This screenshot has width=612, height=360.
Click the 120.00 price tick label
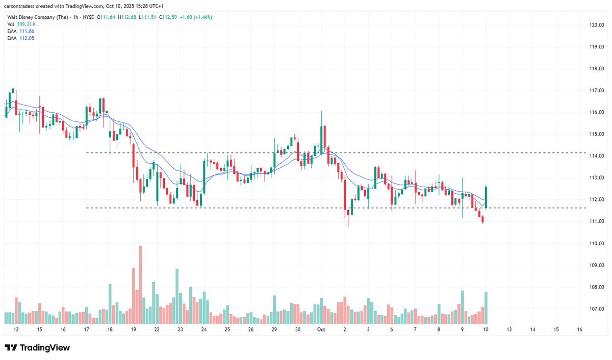[597, 24]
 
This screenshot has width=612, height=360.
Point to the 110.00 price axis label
[597, 243]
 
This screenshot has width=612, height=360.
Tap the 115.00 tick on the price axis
[597, 134]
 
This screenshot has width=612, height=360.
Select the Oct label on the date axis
[321, 330]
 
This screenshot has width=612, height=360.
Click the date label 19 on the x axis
[133, 330]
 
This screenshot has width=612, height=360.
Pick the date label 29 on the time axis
[274, 330]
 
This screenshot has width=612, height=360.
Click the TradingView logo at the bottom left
[37, 348]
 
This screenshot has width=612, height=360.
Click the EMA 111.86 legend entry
[20, 31]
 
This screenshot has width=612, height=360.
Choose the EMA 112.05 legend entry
[20, 38]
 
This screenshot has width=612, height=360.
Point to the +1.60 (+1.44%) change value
[193, 17]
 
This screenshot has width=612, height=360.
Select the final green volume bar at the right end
[486, 308]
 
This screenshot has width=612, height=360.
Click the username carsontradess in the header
[22, 5]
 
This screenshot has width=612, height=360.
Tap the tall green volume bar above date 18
[110, 304]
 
